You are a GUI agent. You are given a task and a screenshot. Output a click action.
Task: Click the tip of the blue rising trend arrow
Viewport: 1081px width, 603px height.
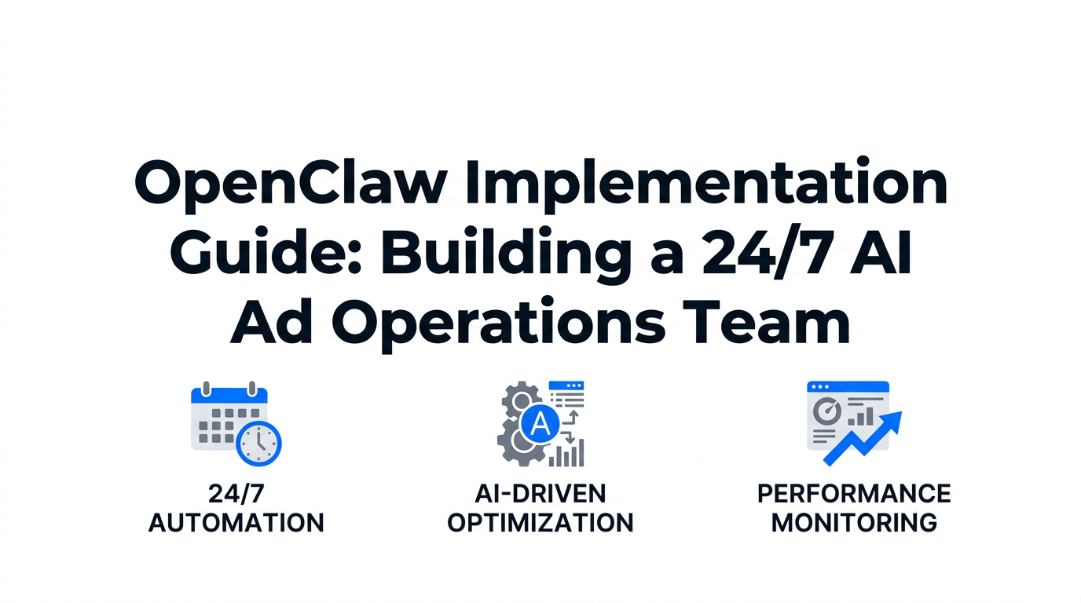tap(901, 413)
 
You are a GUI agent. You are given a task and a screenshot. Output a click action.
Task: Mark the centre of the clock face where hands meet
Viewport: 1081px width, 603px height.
tap(258, 444)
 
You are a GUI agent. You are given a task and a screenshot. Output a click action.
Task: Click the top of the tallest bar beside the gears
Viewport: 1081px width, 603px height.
tap(581, 440)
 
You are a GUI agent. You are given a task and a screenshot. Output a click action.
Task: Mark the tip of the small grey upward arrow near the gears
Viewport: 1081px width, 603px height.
tap(574, 411)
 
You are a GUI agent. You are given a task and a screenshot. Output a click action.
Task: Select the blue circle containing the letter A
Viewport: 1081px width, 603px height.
tap(540, 424)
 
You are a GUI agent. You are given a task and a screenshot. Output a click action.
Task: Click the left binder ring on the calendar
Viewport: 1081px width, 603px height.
tap(207, 389)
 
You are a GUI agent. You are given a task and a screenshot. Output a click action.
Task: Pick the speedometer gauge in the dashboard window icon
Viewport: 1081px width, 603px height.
tap(826, 411)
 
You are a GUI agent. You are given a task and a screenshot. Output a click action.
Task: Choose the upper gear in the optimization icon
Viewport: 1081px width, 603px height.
tap(521, 400)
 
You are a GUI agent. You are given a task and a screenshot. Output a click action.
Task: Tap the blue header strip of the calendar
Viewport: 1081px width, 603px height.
tap(229, 396)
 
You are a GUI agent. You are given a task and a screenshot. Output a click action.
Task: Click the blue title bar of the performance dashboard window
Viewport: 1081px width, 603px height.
tap(848, 386)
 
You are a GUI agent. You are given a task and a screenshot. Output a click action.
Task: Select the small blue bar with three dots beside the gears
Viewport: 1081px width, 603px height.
tap(566, 386)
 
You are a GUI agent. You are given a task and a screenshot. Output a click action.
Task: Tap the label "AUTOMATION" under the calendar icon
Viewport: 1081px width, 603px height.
tap(236, 523)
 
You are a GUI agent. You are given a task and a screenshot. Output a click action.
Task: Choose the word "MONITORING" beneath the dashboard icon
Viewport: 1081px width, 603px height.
tap(854, 523)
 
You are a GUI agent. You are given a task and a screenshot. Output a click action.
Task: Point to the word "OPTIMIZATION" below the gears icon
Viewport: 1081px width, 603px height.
tap(540, 523)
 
